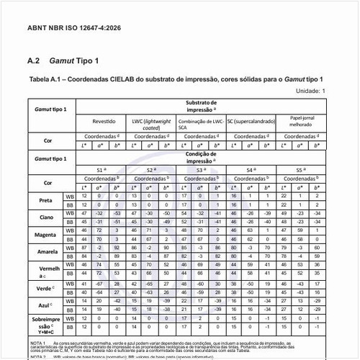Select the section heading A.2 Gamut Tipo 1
click(x=62, y=61)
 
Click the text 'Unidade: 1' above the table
click(x=311, y=91)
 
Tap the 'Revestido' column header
click(x=104, y=122)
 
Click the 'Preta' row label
click(x=45, y=199)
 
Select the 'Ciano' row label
click(x=45, y=217)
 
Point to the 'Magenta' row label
click(x=45, y=235)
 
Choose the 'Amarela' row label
click(x=45, y=252)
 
